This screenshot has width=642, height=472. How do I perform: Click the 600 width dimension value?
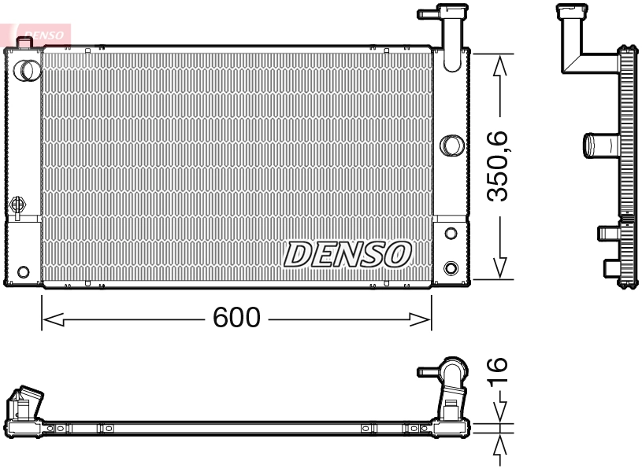click(236, 319)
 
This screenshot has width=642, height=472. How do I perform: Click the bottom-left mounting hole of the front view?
click(23, 272)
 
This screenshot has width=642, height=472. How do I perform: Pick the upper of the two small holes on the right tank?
click(451, 234)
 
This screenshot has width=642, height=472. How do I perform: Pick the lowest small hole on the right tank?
click(451, 267)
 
